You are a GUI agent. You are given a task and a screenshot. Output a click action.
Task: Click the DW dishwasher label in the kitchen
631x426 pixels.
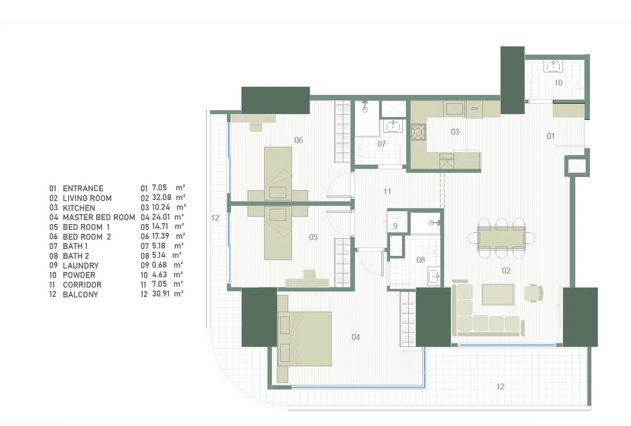[474, 109]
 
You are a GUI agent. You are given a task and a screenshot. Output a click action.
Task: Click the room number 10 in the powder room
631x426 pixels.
[558, 83]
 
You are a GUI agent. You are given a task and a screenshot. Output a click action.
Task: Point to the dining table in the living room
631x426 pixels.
[501, 238]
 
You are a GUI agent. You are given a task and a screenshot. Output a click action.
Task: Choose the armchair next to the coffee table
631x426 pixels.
[533, 293]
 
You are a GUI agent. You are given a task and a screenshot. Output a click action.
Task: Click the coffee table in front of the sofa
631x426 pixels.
[498, 294]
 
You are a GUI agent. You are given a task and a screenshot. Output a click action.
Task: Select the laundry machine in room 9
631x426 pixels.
[396, 220]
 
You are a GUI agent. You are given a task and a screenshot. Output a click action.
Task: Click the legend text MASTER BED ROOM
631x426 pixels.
[99, 217]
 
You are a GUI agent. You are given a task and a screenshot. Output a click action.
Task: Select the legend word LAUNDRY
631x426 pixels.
[81, 266]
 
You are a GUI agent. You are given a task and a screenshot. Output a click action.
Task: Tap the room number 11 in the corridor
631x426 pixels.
[387, 191]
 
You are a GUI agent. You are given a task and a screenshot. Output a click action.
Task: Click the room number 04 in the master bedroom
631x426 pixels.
[356, 337]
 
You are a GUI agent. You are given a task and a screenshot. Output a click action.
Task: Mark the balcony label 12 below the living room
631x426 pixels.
[500, 386]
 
